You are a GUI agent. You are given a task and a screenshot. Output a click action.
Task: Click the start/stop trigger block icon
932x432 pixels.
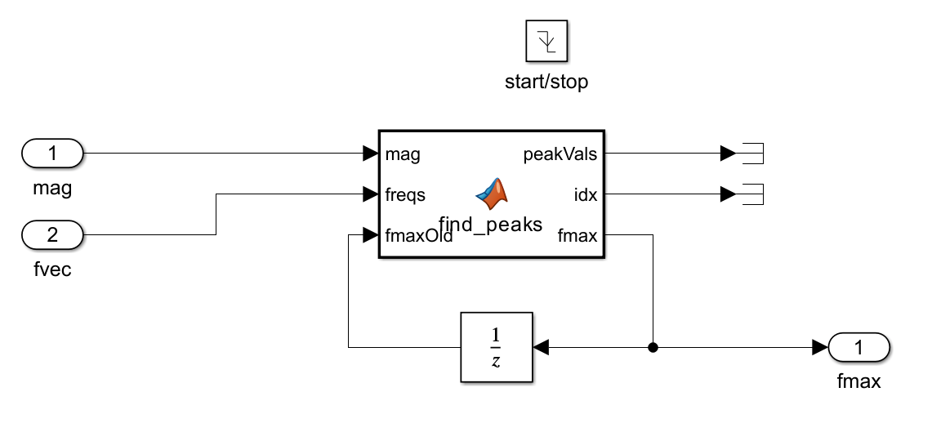[x=546, y=41]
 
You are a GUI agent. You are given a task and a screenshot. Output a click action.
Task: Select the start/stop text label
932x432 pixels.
[x=546, y=82]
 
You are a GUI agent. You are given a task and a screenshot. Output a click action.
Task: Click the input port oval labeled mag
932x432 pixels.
[x=52, y=153]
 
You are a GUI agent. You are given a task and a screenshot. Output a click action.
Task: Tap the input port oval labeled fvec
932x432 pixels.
[x=52, y=235]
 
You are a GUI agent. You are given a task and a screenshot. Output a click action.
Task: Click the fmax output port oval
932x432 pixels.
[x=859, y=348]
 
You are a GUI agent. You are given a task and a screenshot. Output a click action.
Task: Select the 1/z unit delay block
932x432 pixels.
[x=496, y=347]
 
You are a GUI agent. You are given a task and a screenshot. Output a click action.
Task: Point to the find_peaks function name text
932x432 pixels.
[x=490, y=225]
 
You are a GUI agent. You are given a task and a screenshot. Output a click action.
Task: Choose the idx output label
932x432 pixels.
[x=585, y=195]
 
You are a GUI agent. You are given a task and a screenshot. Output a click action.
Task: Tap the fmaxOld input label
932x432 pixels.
[x=418, y=237]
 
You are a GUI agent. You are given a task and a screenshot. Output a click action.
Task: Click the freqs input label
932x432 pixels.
[x=405, y=195]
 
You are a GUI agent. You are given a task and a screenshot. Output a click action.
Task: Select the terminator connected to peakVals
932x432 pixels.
[x=750, y=153]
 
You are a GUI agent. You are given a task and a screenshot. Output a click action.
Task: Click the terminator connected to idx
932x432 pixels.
[x=750, y=194]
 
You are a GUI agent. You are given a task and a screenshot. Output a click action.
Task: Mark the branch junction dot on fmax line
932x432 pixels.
[x=653, y=348]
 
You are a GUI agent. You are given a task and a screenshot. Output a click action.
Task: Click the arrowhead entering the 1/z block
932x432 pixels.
[x=541, y=348]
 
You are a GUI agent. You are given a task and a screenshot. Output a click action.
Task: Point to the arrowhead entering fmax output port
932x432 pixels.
[x=819, y=348]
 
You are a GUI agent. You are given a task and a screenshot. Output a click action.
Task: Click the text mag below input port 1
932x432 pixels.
[x=52, y=189]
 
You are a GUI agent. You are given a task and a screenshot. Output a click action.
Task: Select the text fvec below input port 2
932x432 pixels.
[x=52, y=269]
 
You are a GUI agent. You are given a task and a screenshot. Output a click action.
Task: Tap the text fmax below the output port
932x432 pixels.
[x=859, y=381]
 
